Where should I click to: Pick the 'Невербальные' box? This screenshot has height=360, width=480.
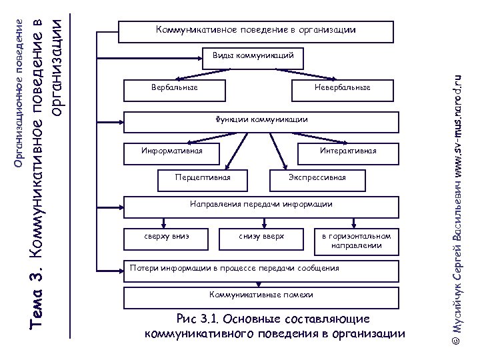click(x=341, y=88)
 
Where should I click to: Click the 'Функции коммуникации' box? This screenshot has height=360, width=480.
click(x=261, y=121)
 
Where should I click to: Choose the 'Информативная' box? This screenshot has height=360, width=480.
click(x=171, y=151)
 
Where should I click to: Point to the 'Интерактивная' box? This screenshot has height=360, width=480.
click(x=347, y=151)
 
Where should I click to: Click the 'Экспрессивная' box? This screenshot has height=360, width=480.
click(x=317, y=178)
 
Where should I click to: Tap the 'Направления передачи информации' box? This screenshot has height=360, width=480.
click(x=261, y=205)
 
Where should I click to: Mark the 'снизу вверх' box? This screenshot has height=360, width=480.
click(x=261, y=236)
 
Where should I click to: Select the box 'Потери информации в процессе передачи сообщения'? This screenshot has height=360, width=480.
click(x=261, y=268)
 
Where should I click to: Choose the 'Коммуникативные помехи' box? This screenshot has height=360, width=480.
click(x=261, y=294)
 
